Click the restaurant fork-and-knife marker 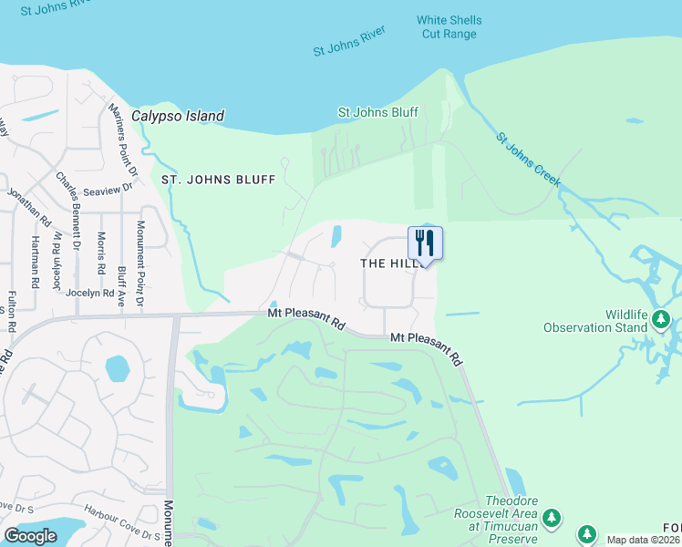[425, 243]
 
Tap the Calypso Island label [178, 117]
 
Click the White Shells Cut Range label [449, 26]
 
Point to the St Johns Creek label [528, 161]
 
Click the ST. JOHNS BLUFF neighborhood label [218, 180]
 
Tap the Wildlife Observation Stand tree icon [662, 319]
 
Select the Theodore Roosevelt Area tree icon [551, 519]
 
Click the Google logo [30, 536]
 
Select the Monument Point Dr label [141, 263]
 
